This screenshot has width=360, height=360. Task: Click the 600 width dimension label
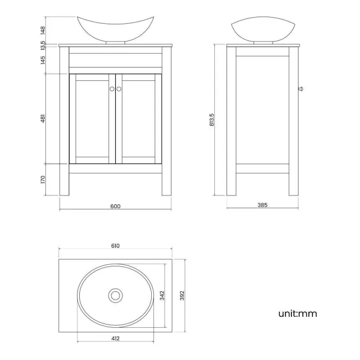[x=115, y=206]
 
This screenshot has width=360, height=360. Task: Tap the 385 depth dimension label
[x=262, y=205]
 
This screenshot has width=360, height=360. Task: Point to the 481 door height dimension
[x=43, y=119]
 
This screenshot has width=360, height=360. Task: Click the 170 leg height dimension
[x=43, y=179]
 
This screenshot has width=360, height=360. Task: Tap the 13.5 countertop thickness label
[x=43, y=44]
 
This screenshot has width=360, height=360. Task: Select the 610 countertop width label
[x=115, y=245]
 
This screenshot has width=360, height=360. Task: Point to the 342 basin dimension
[x=162, y=296]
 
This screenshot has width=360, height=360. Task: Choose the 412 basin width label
[x=115, y=338]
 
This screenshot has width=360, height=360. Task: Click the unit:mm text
[x=297, y=313]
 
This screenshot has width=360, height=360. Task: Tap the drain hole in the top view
[x=115, y=295]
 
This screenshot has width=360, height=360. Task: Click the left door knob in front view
[x=111, y=89]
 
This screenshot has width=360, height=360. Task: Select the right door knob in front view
[x=119, y=89]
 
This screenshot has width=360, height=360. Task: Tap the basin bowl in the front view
[x=115, y=29]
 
